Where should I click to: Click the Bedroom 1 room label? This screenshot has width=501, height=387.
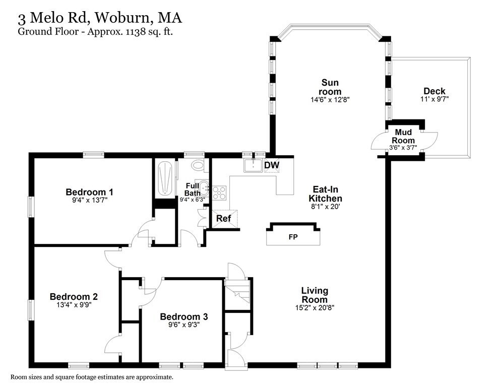tap(89, 192)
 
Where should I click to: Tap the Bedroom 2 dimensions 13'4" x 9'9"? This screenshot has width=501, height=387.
tap(74, 304)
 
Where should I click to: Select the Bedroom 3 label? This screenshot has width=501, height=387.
tap(183, 316)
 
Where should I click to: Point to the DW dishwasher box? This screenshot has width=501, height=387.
tap(271, 165)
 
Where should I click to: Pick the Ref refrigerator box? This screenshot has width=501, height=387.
tap(224, 219)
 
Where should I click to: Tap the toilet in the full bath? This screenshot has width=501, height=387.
tap(198, 165)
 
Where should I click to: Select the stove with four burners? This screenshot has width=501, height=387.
tap(219, 192)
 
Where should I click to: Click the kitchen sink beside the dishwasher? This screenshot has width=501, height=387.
tap(253, 165)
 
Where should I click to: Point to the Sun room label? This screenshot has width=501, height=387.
tap(330, 87)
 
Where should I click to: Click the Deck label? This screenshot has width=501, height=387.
tap(434, 91)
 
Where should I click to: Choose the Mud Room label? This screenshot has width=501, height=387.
tap(404, 136)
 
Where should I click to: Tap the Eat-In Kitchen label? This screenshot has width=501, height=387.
tap(326, 194)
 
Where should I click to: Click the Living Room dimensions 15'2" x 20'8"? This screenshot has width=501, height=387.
tap(315, 308)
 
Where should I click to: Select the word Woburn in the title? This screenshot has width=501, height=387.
tap(121, 19)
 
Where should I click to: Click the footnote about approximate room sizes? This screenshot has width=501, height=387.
tap(92, 377)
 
